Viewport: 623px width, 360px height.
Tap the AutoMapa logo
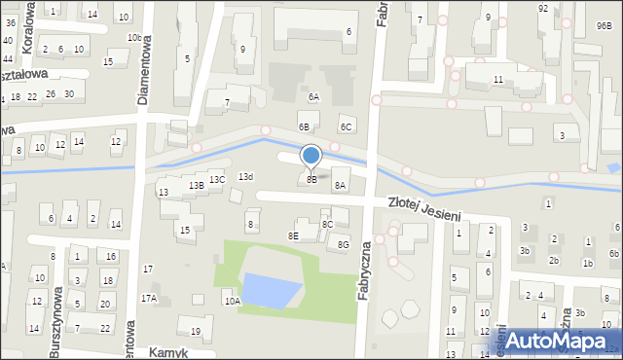tap(555, 341)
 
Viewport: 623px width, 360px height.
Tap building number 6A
tap(313, 97)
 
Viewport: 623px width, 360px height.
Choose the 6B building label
tap(305, 126)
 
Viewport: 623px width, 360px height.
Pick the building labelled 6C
tap(345, 126)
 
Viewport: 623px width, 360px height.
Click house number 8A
tap(340, 185)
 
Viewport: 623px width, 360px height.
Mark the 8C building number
tap(328, 225)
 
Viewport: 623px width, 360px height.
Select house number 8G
tap(344, 245)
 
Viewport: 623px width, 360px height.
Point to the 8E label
tap(293, 235)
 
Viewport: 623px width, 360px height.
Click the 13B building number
tap(196, 185)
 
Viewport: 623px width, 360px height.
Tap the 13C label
tap(218, 179)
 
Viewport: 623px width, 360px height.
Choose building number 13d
tap(246, 176)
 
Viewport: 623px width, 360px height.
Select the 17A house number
tap(149, 299)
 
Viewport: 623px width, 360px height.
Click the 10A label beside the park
tap(233, 302)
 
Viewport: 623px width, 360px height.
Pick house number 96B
tap(604, 26)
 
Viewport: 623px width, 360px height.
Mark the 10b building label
tap(133, 37)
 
